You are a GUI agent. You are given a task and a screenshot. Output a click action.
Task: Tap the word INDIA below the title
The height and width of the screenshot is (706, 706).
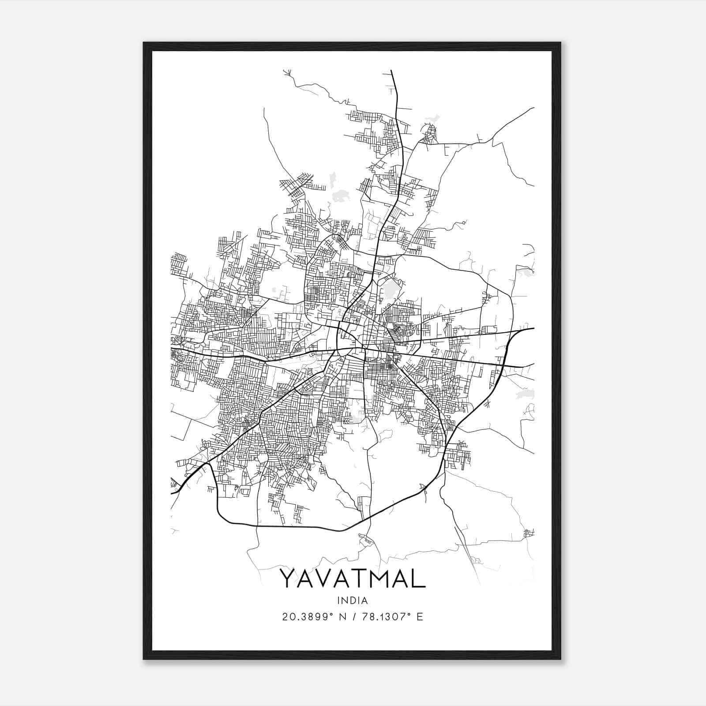(353, 600)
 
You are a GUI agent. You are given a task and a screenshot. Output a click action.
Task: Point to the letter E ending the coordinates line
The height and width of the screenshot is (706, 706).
(420, 616)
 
